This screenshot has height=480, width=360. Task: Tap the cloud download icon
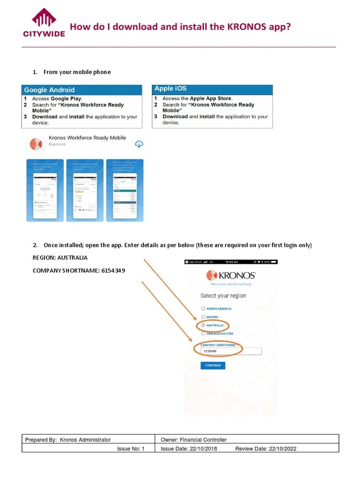tap(139, 143)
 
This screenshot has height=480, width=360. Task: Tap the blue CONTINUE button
tap(213, 366)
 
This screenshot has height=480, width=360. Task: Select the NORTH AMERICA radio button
tap(203, 309)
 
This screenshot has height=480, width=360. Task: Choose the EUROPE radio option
tap(203, 317)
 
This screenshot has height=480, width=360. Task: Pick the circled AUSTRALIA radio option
tap(203, 325)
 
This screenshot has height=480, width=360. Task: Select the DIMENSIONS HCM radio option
tap(203, 333)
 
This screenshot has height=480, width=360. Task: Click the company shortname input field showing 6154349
tap(231, 351)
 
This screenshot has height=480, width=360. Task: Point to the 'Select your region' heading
tap(223, 296)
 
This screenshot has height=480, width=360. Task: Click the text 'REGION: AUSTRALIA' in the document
tap(60, 258)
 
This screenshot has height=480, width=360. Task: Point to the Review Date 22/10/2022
tap(266, 449)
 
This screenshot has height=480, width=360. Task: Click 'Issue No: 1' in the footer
tap(131, 449)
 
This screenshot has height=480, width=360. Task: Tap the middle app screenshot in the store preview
tap(84, 190)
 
